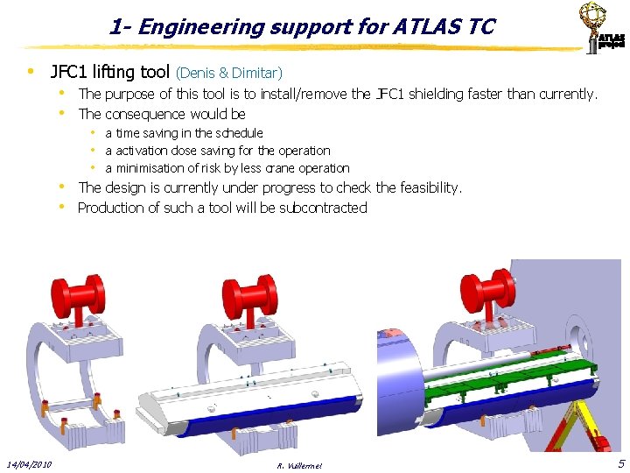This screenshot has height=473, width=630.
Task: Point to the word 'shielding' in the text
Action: click(x=431, y=94)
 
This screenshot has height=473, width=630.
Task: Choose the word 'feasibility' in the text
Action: click(x=429, y=187)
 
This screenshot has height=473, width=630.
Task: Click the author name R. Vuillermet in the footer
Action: click(x=297, y=465)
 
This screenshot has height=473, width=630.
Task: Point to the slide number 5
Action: click(x=620, y=462)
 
